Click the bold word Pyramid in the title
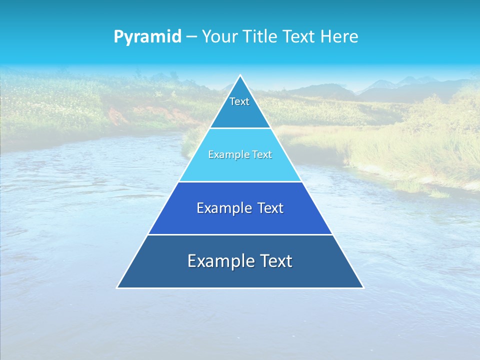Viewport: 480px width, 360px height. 147,37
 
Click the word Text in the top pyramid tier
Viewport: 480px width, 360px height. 239,101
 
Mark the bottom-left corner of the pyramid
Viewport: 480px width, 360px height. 117,287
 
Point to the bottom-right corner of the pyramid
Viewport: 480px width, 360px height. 363,287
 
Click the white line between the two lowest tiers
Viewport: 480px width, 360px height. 240,234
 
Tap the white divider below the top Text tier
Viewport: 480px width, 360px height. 240,128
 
